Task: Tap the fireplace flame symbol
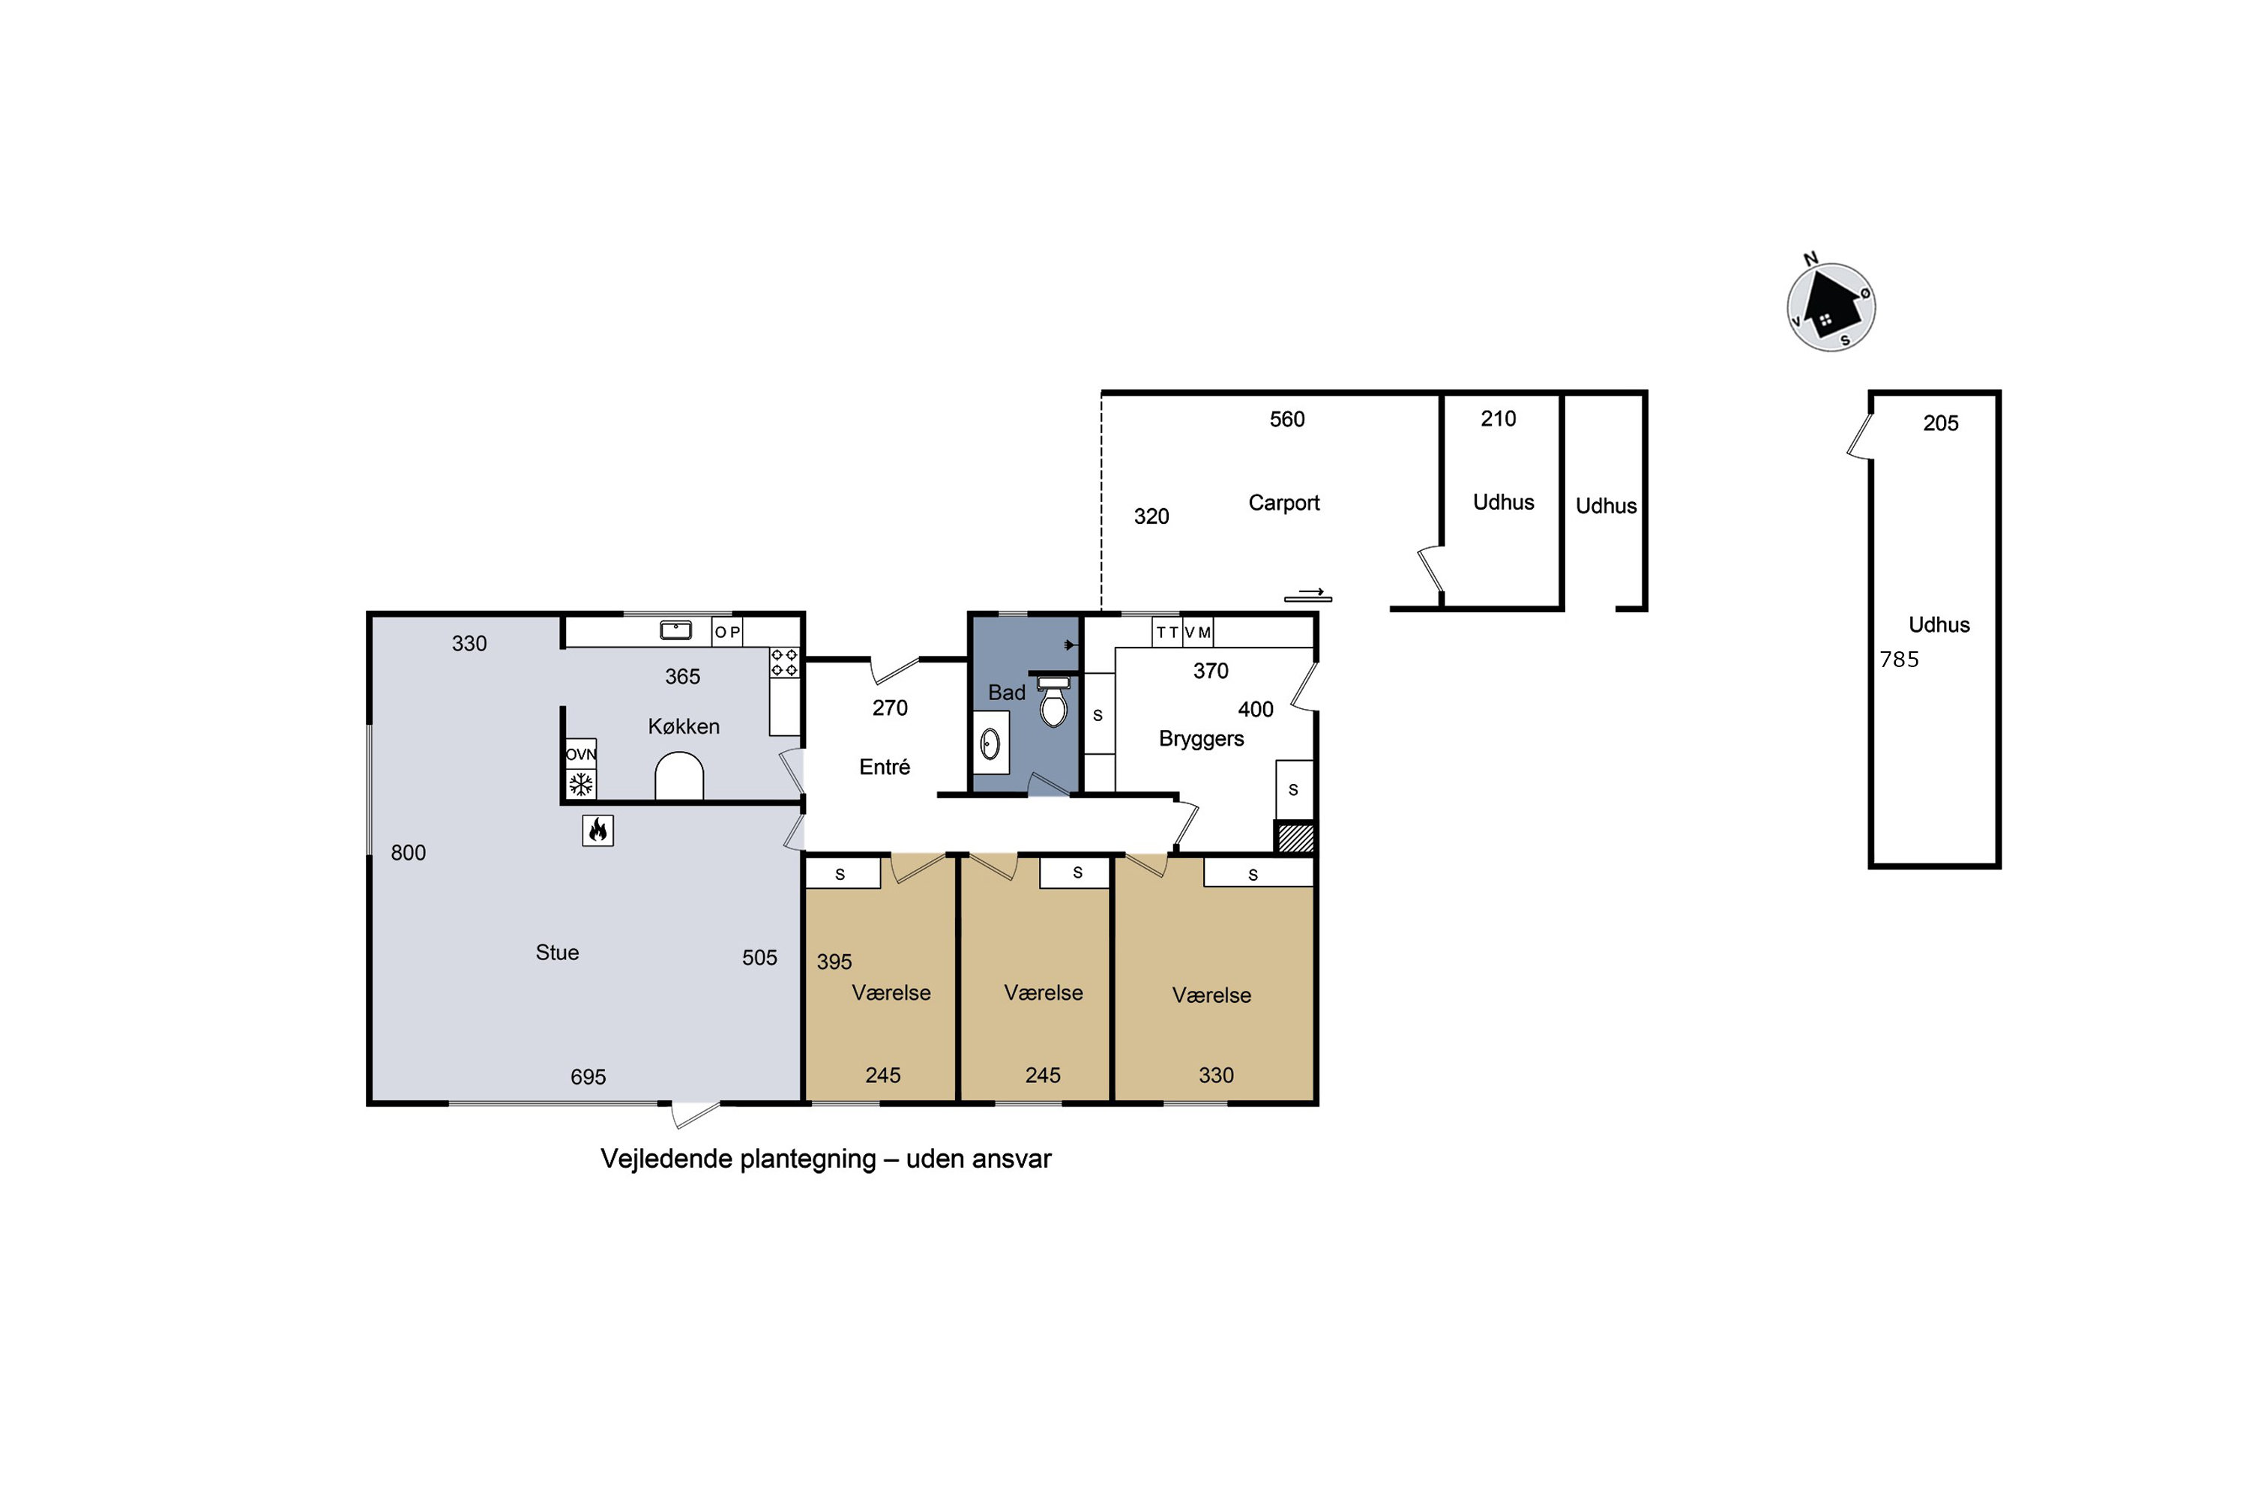597,830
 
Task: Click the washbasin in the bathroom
990,743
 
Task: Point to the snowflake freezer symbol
580,785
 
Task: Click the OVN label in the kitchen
580,754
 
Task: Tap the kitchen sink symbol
676,630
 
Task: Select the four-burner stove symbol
784,663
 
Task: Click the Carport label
1283,503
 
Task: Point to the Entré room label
885,767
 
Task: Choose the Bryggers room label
1201,739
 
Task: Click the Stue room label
556,952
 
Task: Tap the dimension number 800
409,853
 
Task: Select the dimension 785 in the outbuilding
1899,660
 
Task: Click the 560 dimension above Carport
1287,420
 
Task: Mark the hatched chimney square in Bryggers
1295,836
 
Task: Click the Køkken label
684,726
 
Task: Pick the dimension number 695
588,1078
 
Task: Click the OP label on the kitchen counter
726,633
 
